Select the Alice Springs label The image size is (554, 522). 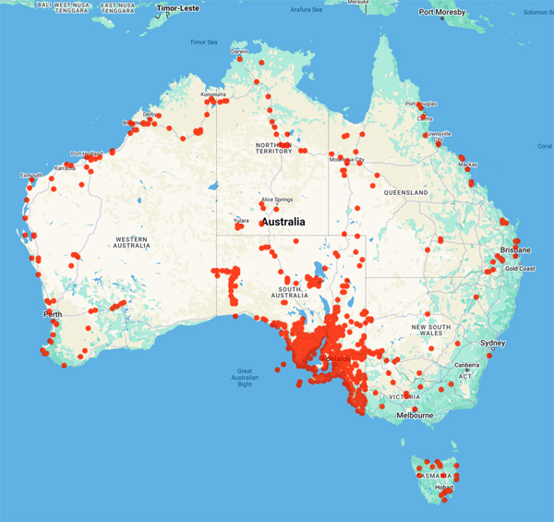[277, 200]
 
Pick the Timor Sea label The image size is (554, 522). [203, 42]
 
